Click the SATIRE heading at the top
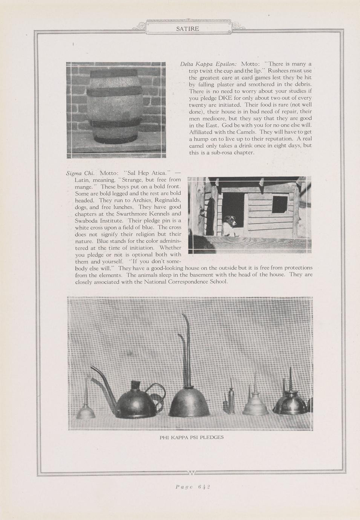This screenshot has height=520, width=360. tap(187, 29)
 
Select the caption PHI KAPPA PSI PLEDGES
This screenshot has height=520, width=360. tap(191, 437)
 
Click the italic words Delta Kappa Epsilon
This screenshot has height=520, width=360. tap(208, 64)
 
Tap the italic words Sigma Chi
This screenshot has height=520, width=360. tap(80, 173)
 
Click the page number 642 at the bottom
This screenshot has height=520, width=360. tap(193, 487)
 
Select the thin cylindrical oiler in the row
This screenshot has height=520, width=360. tap(231, 401)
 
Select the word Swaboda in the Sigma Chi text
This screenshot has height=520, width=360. tap(87, 220)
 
